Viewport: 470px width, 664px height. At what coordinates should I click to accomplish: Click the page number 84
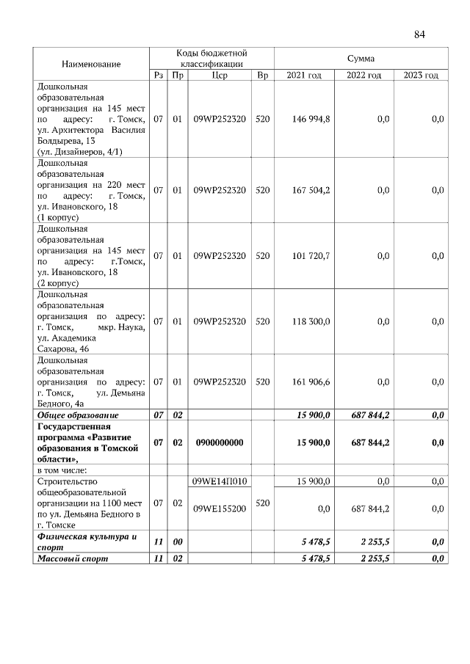(x=419, y=34)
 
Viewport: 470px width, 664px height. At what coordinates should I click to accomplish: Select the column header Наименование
(x=91, y=65)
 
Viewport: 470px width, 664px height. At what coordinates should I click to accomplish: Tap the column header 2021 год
(x=304, y=76)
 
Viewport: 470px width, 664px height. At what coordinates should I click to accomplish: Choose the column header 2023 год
(x=421, y=76)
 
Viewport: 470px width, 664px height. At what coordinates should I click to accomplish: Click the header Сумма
(x=361, y=58)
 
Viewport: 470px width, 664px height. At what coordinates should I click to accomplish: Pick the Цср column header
(x=220, y=76)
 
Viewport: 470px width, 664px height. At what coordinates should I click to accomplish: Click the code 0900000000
(x=220, y=442)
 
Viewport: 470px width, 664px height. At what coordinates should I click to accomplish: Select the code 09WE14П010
(x=220, y=481)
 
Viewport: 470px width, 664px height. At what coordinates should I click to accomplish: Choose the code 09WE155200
(x=220, y=508)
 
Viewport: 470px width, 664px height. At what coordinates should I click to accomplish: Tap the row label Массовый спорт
(x=70, y=559)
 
